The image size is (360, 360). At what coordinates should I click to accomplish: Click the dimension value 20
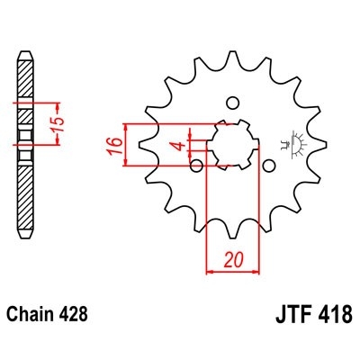(233, 258)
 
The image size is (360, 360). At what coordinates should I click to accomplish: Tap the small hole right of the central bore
(268, 164)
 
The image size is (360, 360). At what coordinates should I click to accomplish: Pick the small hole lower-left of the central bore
(195, 164)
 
